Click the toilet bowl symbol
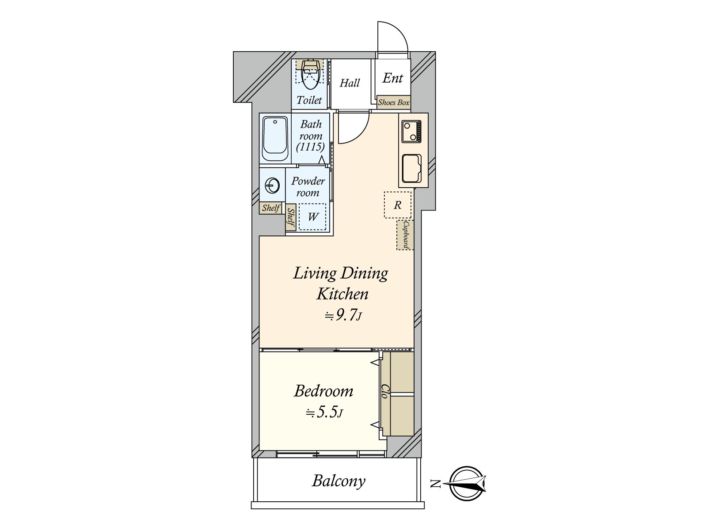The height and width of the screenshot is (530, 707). [x=310, y=76]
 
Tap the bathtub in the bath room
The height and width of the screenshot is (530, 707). [x=275, y=139]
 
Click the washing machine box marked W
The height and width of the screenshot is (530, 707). [x=312, y=216]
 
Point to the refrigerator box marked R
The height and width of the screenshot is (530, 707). [x=397, y=205]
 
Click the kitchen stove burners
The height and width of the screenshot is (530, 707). [x=411, y=131]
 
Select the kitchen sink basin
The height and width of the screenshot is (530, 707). [x=411, y=169]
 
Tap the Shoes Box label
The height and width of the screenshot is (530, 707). [x=394, y=102]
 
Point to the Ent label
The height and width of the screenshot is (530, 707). [x=393, y=78]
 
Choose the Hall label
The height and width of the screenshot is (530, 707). [x=350, y=83]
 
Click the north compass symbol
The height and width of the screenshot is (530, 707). [x=468, y=483]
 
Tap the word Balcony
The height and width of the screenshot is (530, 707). [x=338, y=481]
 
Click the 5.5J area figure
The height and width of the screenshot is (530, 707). [x=324, y=412]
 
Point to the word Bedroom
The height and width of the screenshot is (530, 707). [x=323, y=391]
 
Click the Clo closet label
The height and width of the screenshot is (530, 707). [x=384, y=391]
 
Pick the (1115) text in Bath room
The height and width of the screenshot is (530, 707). [x=310, y=147]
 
